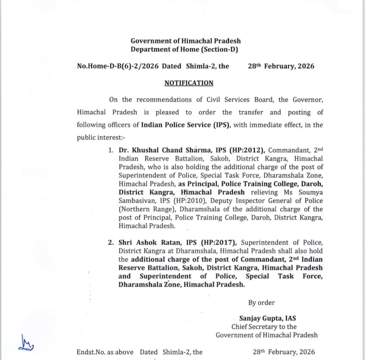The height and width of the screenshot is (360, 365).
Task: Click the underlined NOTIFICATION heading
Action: (x=189, y=83)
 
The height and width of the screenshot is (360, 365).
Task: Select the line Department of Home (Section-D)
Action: (x=184, y=49)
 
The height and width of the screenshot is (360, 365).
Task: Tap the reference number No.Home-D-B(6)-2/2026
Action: (x=118, y=66)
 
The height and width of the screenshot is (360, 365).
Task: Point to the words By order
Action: (x=261, y=303)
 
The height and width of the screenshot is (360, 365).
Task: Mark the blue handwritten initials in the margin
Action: (x=27, y=342)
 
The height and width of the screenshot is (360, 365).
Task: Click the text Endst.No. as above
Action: (x=105, y=352)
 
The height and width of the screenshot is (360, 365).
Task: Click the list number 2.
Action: (x=110, y=243)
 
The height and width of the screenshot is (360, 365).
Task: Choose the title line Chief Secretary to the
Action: (x=264, y=327)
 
